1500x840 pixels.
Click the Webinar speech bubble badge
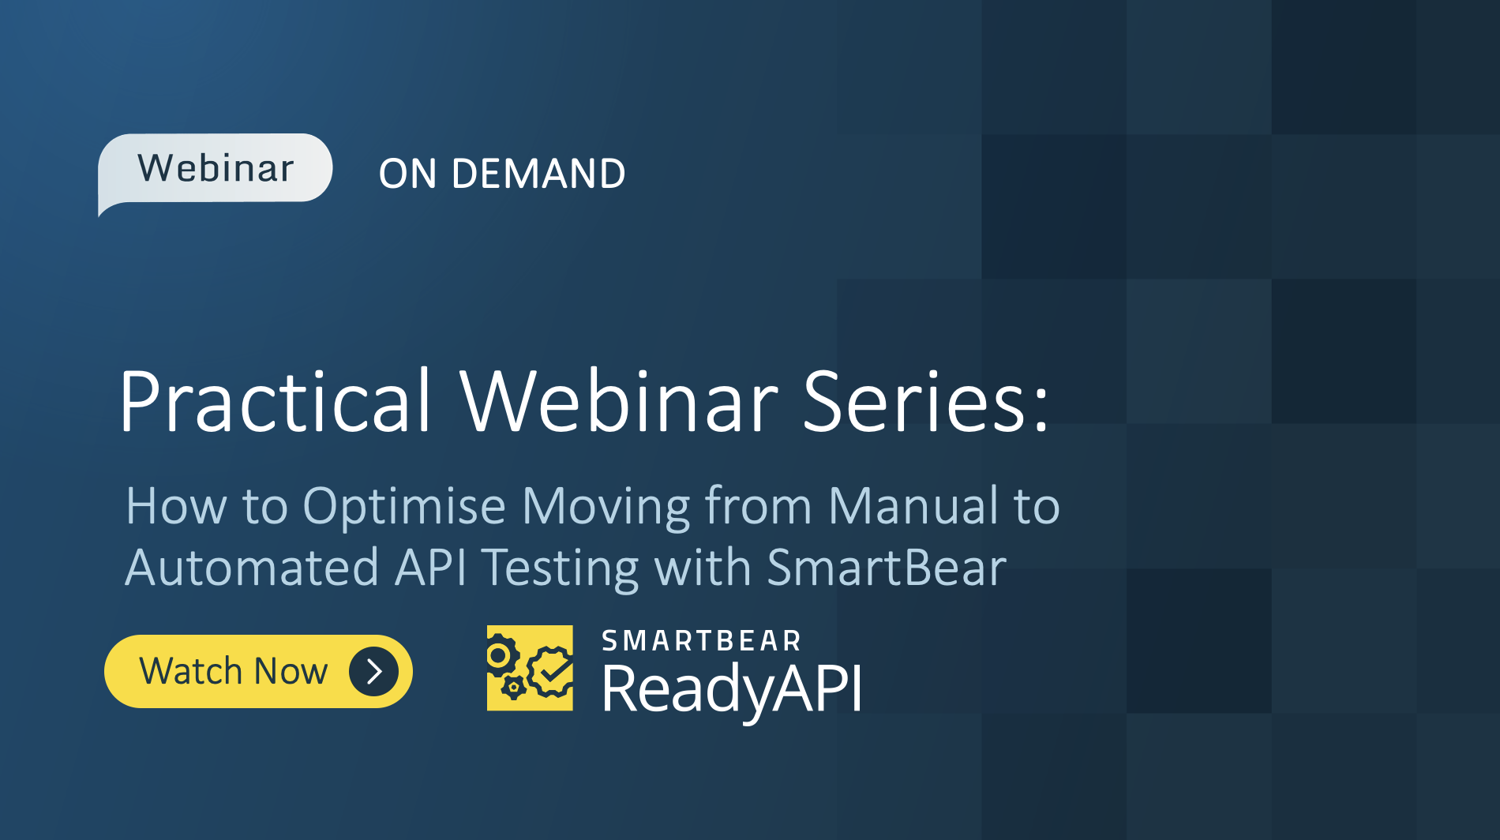215,168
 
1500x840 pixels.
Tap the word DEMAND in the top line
538,174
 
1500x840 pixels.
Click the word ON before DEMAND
407,174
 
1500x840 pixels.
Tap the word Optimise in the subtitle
403,506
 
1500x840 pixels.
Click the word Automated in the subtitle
252,568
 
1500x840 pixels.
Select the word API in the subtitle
430,568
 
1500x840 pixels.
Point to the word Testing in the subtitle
560,569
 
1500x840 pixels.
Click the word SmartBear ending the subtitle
886,568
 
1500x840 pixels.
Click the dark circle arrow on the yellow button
373,672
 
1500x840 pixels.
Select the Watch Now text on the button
233,672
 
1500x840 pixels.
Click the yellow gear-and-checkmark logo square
530,668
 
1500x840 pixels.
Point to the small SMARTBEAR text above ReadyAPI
701,641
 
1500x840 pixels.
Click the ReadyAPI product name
731,689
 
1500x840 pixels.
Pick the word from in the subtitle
758,506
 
